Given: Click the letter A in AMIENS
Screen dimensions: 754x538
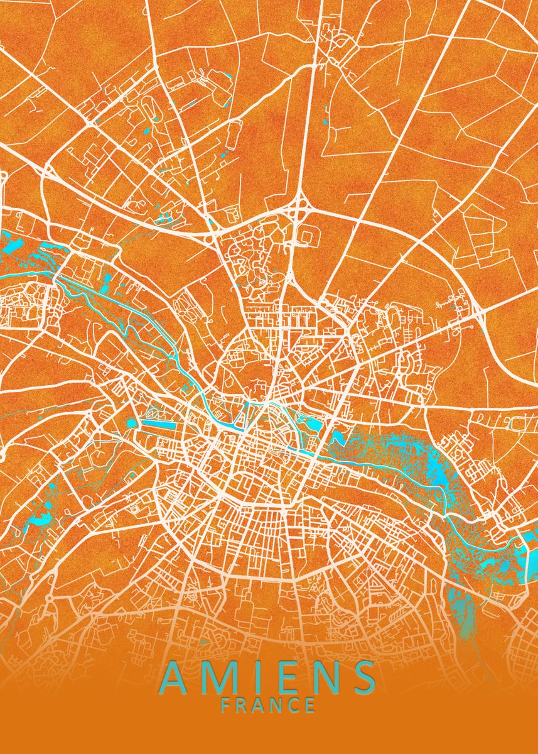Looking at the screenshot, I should [178, 677].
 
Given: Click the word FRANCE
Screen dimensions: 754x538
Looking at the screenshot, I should [269, 705].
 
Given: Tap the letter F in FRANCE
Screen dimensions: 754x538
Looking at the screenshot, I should [226, 705].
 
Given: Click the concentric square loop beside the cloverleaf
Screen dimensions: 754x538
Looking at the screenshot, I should [307, 236].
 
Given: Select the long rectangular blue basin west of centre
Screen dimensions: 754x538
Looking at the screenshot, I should [164, 423].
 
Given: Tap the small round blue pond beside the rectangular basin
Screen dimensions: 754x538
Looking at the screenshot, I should [132, 423].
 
